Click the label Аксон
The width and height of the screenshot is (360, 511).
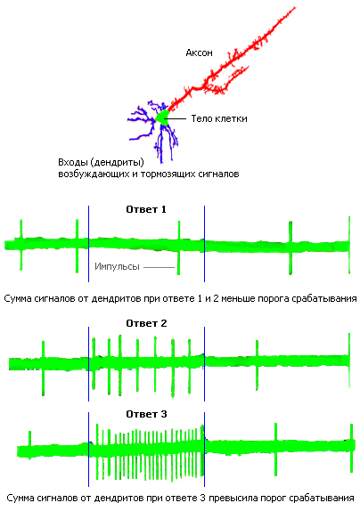(199, 53)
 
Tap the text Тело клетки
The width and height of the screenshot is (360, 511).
(219, 118)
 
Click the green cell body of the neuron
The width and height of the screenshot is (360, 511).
(162, 118)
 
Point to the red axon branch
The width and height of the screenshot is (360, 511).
(228, 62)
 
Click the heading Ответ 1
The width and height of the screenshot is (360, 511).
(146, 209)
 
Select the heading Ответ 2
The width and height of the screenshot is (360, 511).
(146, 323)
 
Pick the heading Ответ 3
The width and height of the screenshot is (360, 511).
(146, 414)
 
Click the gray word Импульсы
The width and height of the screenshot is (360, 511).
(117, 266)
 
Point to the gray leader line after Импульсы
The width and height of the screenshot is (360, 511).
(160, 267)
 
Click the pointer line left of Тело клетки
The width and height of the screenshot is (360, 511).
(176, 118)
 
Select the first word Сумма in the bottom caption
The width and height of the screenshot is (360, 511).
(20, 498)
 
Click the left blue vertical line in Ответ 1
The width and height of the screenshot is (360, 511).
(88, 243)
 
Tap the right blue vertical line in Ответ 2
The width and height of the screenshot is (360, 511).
(204, 364)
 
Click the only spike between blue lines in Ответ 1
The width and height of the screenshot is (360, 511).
(179, 247)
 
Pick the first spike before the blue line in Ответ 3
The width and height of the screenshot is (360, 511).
(29, 445)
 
